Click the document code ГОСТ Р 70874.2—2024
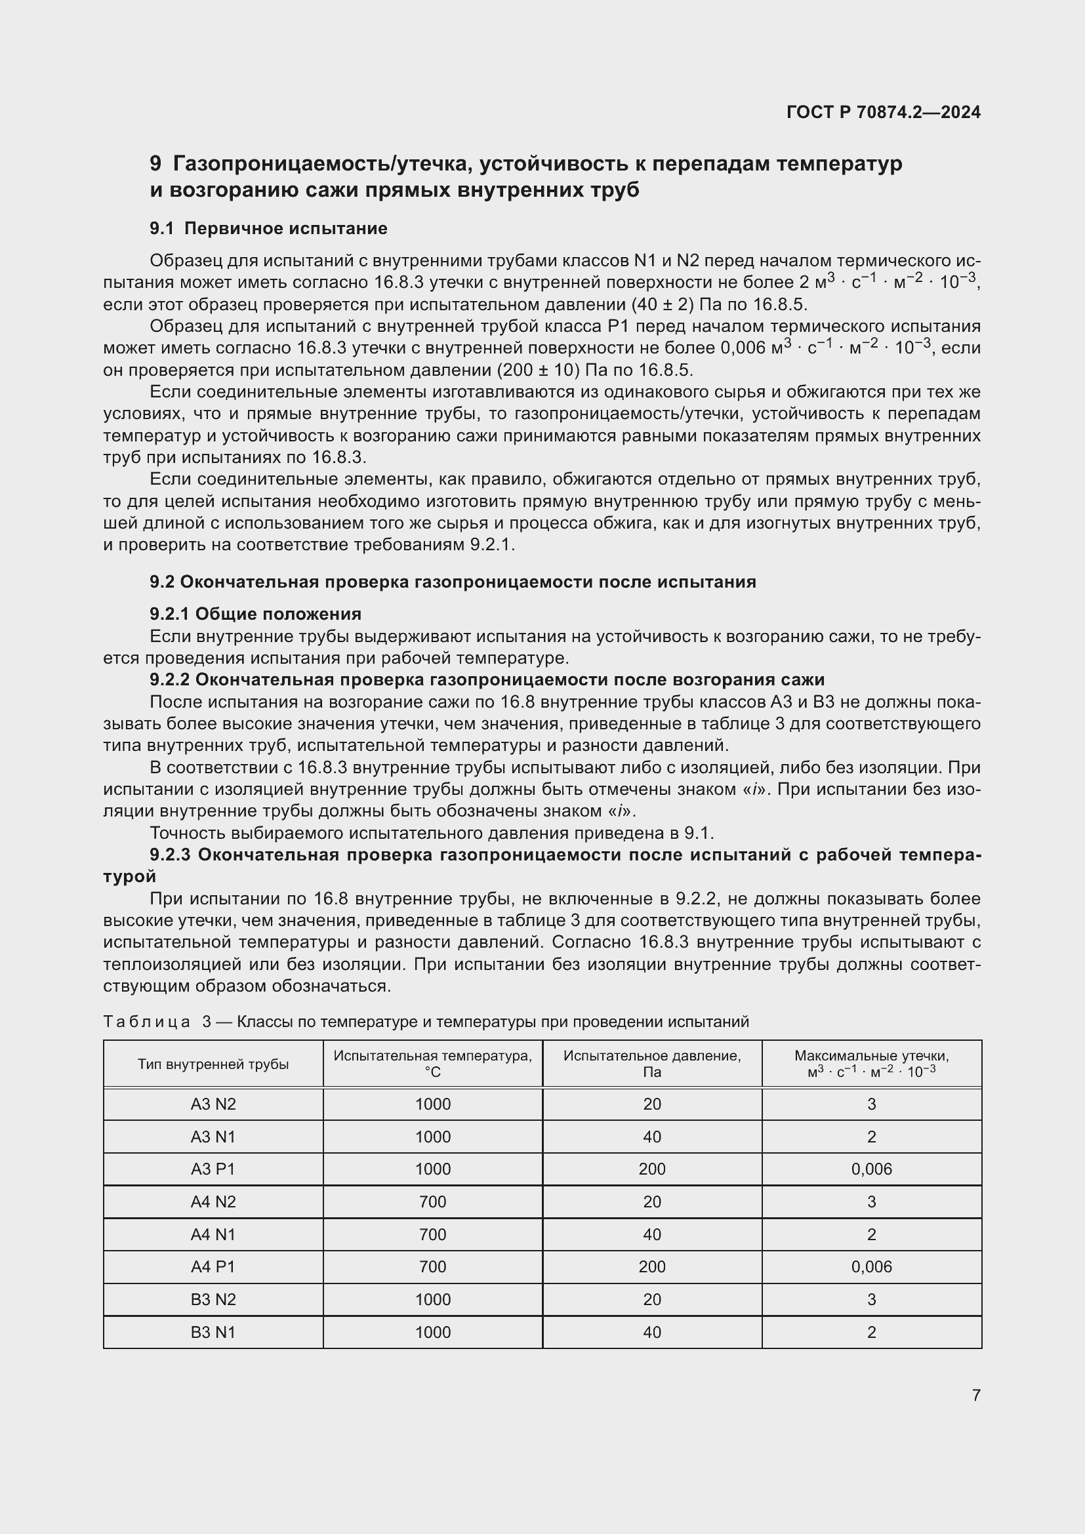pyautogui.click(x=883, y=112)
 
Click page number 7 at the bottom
pyautogui.click(x=976, y=1395)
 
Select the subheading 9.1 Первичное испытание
pyautogui.click(x=268, y=228)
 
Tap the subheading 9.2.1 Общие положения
pyautogui.click(x=255, y=614)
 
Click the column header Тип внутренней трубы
pyautogui.click(x=213, y=1064)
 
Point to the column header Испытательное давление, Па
pyautogui.click(x=651, y=1064)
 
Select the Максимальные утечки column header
pyautogui.click(x=871, y=1064)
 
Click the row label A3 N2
pyautogui.click(x=213, y=1104)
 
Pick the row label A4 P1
pyautogui.click(x=213, y=1267)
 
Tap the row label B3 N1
pyautogui.click(x=213, y=1332)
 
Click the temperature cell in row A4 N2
pyautogui.click(x=432, y=1202)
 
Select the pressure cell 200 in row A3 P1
pyautogui.click(x=651, y=1169)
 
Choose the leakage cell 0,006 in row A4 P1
pyautogui.click(x=871, y=1267)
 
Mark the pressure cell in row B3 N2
pyautogui.click(x=651, y=1299)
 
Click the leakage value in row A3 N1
pyautogui.click(x=871, y=1137)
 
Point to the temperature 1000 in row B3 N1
pyautogui.click(x=432, y=1332)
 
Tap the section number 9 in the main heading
pyautogui.click(x=155, y=164)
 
